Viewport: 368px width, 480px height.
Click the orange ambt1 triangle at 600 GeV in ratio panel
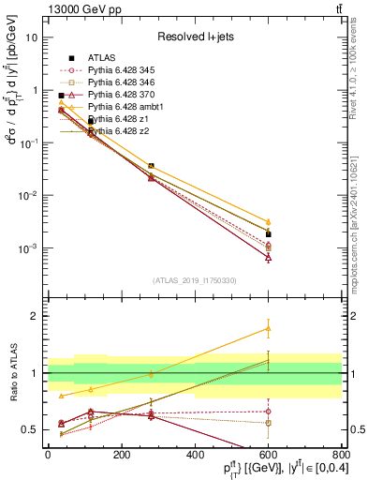point(268,329)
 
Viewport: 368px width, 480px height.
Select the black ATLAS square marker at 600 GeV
point(268,234)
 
